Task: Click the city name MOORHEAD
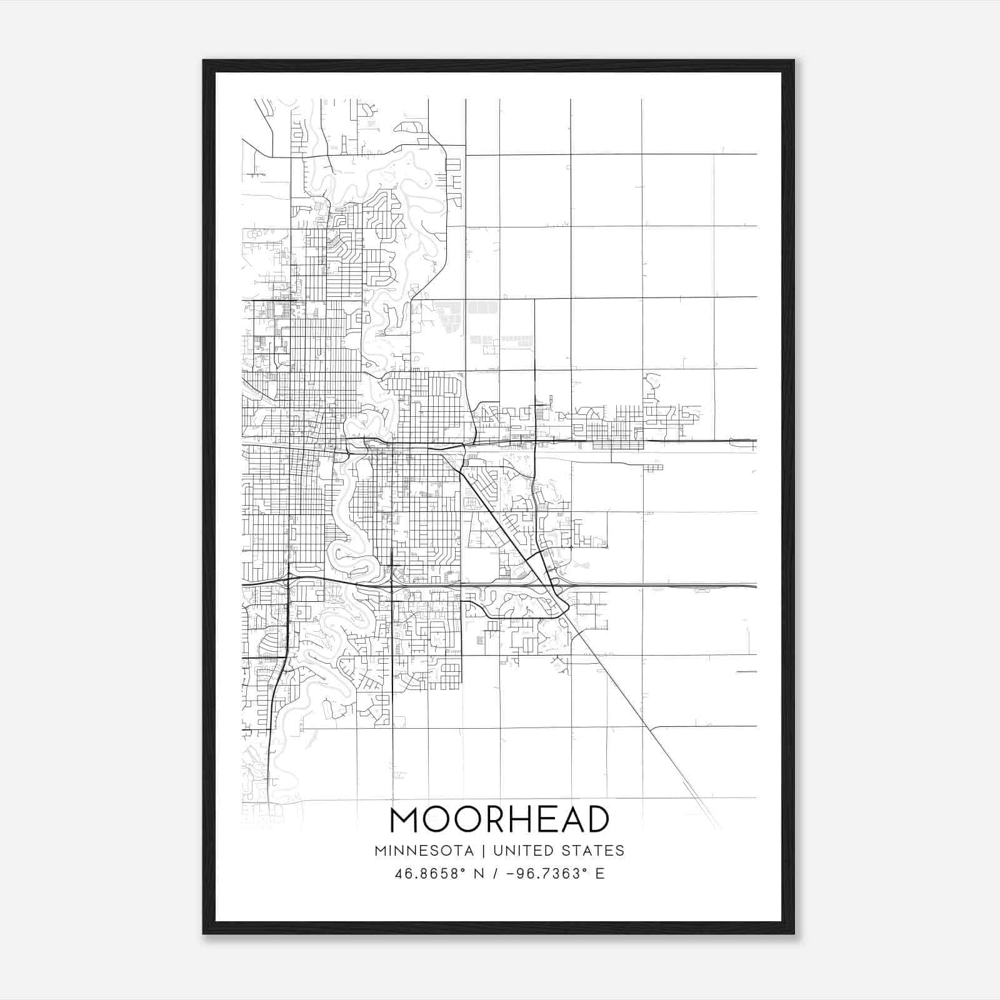coord(499,819)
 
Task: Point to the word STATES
coord(594,851)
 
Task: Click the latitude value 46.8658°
coord(431,873)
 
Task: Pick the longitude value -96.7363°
coord(547,873)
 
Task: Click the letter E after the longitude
coord(600,873)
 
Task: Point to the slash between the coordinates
coord(496,873)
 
